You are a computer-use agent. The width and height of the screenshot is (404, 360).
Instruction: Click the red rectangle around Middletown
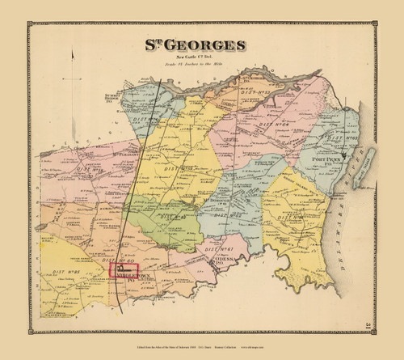point(125,273)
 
